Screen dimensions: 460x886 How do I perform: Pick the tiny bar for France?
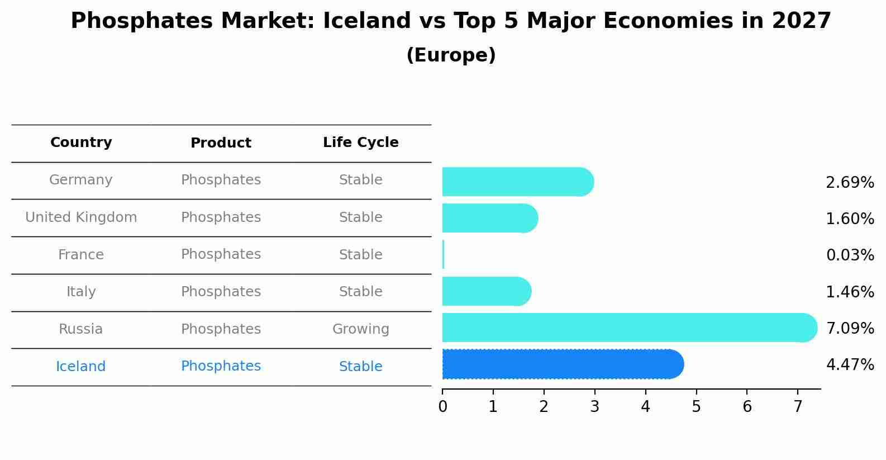(443, 255)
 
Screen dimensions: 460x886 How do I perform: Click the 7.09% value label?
(850, 328)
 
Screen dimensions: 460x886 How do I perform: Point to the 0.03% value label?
(850, 255)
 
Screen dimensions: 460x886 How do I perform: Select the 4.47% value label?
(850, 365)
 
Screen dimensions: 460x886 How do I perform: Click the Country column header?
(81, 143)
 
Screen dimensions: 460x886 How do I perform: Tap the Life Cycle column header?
(360, 143)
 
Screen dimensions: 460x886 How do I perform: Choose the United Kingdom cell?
(81, 217)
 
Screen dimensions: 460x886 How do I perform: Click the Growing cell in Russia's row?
(360, 329)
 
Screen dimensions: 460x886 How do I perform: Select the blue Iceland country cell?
(81, 367)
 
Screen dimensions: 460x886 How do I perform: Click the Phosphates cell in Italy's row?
(221, 292)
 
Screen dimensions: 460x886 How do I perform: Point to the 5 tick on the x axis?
(696, 407)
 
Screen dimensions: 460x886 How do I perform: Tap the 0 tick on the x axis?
(443, 407)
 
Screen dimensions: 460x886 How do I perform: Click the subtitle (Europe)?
(451, 55)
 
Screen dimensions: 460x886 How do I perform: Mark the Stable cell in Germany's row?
(360, 180)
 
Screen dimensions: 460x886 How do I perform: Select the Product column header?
(221, 143)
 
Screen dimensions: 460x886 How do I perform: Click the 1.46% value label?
(850, 292)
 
